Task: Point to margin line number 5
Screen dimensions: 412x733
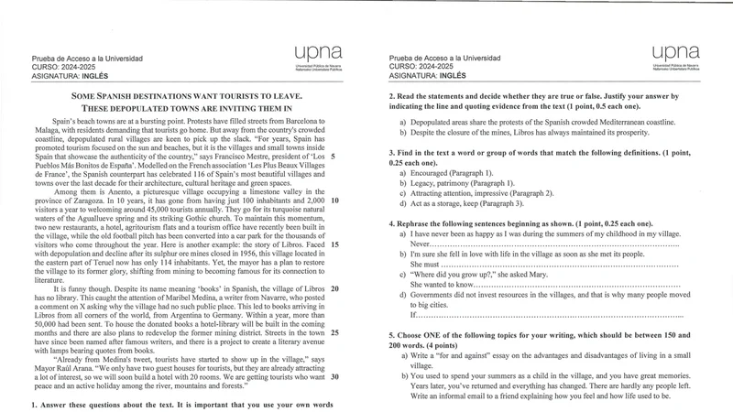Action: pyautogui.click(x=332, y=157)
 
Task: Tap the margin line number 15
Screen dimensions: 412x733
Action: pyautogui.click(x=334, y=244)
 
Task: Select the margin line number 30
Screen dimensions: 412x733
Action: pyautogui.click(x=334, y=376)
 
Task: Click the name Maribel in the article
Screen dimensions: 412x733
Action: pyautogui.click(x=176, y=298)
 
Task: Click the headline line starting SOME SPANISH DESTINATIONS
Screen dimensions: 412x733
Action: pyautogui.click(x=186, y=96)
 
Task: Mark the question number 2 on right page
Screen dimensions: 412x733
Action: pyautogui.click(x=392, y=96)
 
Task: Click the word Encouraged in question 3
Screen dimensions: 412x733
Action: pyautogui.click(x=434, y=172)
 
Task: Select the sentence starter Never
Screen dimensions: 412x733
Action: pyautogui.click(x=420, y=245)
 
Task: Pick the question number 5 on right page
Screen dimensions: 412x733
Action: pyautogui.click(x=392, y=336)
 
